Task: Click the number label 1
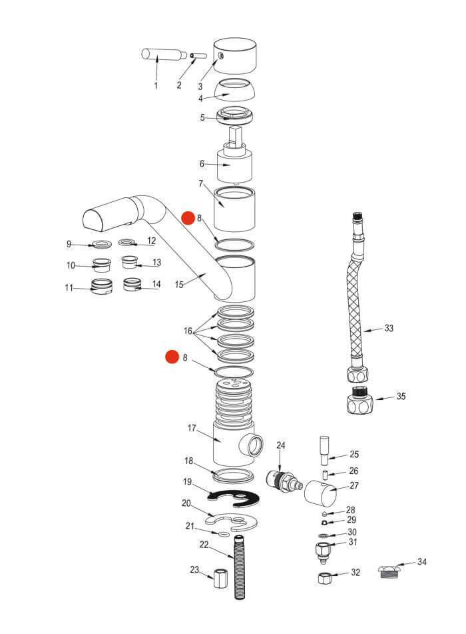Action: click(156, 86)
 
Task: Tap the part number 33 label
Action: click(389, 328)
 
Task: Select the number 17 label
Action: click(191, 429)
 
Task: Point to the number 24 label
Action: click(281, 445)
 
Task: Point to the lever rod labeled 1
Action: click(160, 55)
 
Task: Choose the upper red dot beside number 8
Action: click(188, 218)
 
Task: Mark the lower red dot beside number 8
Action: click(172, 358)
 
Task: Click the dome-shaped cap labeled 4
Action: click(236, 91)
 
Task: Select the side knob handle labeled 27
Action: click(320, 494)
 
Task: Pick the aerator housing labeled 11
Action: click(101, 288)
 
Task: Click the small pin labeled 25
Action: click(324, 449)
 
